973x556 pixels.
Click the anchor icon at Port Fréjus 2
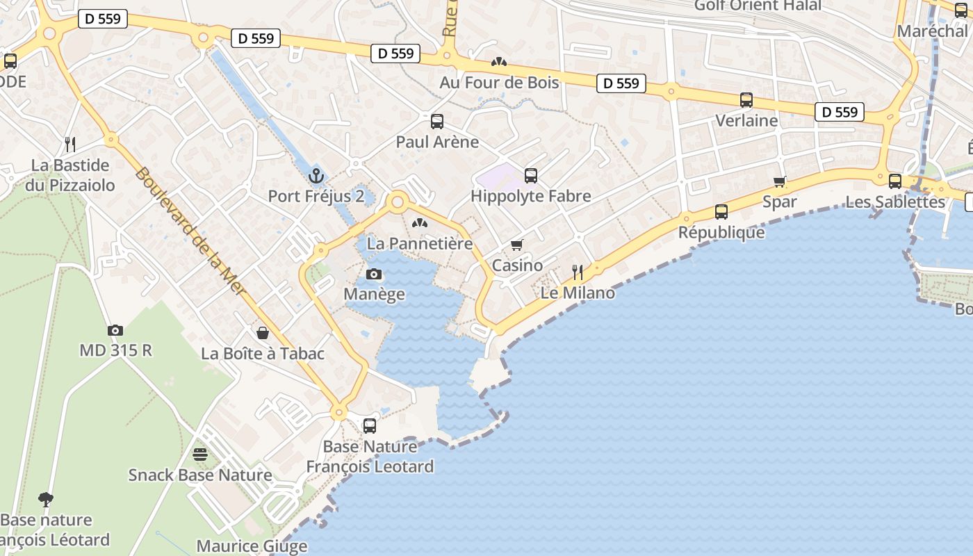[316, 175]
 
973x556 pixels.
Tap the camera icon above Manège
[374, 274]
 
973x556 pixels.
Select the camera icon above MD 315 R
[115, 330]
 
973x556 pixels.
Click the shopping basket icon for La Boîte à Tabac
[263, 333]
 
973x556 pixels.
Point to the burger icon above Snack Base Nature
[200, 455]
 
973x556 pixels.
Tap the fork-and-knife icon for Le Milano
[578, 272]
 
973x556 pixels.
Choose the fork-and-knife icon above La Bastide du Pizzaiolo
[70, 145]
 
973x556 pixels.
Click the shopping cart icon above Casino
[517, 245]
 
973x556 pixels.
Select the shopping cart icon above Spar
[780, 181]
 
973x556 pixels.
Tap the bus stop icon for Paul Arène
[437, 122]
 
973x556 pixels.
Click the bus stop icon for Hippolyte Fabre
[531, 175]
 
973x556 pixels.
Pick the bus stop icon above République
[721, 212]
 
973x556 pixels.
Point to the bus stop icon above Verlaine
[746, 100]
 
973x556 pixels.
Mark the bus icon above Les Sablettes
[895, 181]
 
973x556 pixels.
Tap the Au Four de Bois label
[499, 83]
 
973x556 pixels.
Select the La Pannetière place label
[420, 243]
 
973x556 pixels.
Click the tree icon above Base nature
[46, 499]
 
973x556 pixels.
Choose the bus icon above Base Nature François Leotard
[370, 425]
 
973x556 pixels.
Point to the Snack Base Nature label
[200, 475]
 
